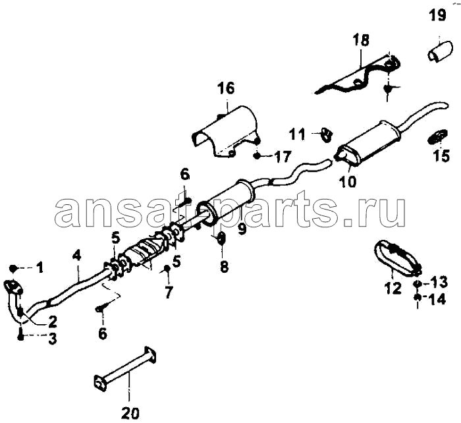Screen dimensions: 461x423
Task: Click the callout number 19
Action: [x=439, y=14]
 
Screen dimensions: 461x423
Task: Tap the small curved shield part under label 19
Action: [x=439, y=52]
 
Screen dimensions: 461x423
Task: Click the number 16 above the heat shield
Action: [x=227, y=88]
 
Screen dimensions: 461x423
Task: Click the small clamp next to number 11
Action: [x=327, y=135]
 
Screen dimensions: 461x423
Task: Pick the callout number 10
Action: [x=347, y=181]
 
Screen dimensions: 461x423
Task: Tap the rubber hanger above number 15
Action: [x=437, y=137]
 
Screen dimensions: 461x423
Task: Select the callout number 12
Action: [x=393, y=288]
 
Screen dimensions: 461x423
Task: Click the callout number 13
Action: [x=439, y=282]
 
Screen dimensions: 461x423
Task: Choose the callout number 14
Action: [x=437, y=300]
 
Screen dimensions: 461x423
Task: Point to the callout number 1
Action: [x=40, y=268]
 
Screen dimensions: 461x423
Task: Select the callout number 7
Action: [x=168, y=292]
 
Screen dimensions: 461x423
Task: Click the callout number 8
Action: [x=224, y=267]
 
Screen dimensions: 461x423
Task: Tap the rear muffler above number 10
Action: [x=369, y=140]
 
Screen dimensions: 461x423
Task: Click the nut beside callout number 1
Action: [x=13, y=268]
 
